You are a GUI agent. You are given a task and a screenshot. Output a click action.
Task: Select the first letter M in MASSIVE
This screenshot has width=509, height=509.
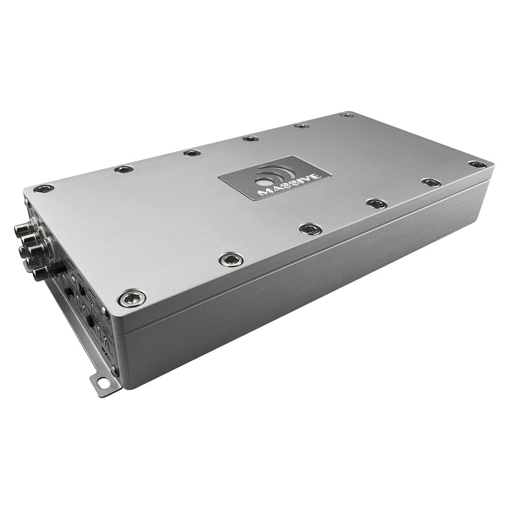260,192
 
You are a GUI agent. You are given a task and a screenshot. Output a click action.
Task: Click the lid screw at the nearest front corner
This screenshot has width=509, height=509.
132,297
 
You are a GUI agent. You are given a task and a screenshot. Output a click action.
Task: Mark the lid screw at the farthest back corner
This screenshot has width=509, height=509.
346,115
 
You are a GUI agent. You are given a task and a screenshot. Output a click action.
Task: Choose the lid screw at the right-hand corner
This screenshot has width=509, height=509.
477,165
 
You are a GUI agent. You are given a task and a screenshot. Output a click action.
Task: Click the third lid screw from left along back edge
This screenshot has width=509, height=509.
191,153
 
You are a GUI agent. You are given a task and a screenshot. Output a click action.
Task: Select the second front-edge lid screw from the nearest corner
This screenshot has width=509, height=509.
230,258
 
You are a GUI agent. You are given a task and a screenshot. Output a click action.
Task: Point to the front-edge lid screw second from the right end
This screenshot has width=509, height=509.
431,183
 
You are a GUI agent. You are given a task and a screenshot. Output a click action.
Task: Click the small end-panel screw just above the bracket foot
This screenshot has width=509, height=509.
113,369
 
